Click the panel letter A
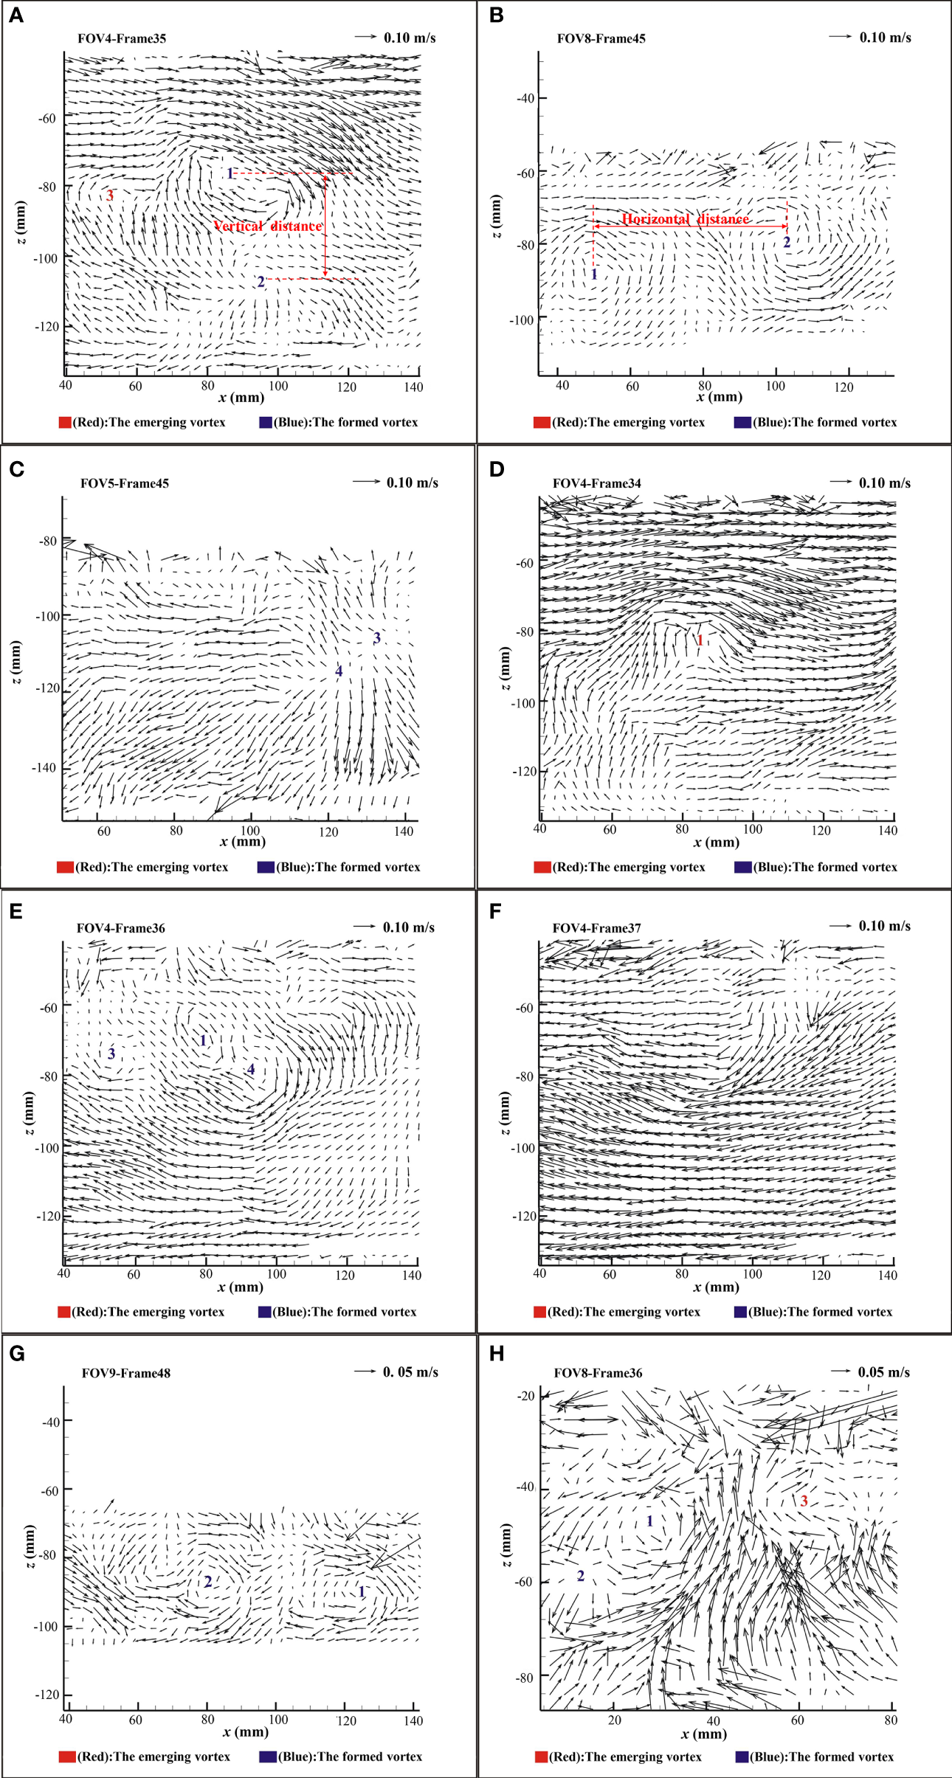coord(16,15)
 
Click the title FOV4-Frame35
coord(122,38)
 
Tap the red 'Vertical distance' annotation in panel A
coord(268,226)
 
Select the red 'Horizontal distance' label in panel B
coord(685,219)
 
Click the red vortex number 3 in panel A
coord(110,196)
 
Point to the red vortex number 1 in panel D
coord(700,640)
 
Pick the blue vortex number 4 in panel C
coord(339,671)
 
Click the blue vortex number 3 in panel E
coord(111,1054)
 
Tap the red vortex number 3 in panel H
coord(804,1501)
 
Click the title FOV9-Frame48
coord(126,1373)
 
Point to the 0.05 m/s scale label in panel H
coord(883,1372)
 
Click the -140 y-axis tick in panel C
coord(44,768)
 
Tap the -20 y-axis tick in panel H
coord(525,1396)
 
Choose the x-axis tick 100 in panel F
coord(752,1274)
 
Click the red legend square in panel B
coord(542,423)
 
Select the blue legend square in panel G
coord(267,1757)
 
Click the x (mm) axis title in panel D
coord(716,843)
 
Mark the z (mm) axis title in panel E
coord(28,1112)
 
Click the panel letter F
coord(496,911)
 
